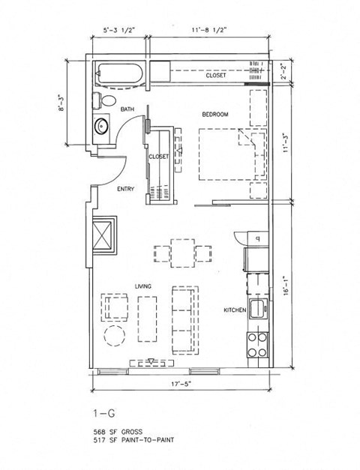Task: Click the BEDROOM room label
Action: coord(214,114)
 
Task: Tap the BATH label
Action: coord(127,110)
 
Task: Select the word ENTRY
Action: coord(125,189)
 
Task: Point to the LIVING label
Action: coord(144,286)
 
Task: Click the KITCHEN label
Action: coord(235,310)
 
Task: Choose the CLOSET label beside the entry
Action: coord(158,157)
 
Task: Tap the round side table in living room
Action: coord(114,336)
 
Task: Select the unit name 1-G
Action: coord(102,413)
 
